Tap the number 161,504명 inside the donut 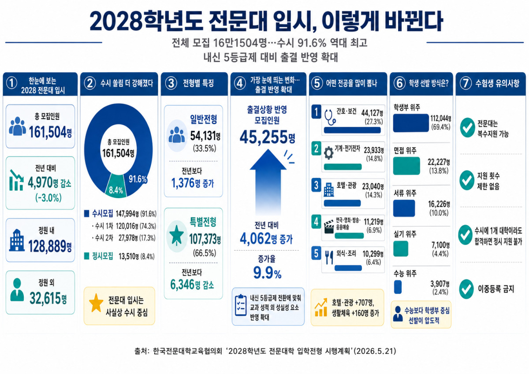tap(118, 153)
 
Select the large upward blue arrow tap(268, 181)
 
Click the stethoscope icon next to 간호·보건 tap(330, 118)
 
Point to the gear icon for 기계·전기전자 tap(328, 153)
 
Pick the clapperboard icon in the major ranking tap(329, 227)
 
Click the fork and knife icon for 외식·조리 tap(329, 257)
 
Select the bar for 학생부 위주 tap(411, 123)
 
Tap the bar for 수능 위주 tap(398, 287)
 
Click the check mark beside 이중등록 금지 tap(466, 289)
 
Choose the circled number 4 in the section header tap(240, 83)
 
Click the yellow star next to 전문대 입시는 tap(96, 303)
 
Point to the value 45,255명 tap(267, 137)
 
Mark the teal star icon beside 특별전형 tap(177, 236)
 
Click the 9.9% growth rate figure tap(267, 273)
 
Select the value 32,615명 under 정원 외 tap(48, 299)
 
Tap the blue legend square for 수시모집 tap(87, 213)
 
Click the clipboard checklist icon tap(241, 305)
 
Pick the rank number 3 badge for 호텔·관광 tap(316, 185)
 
